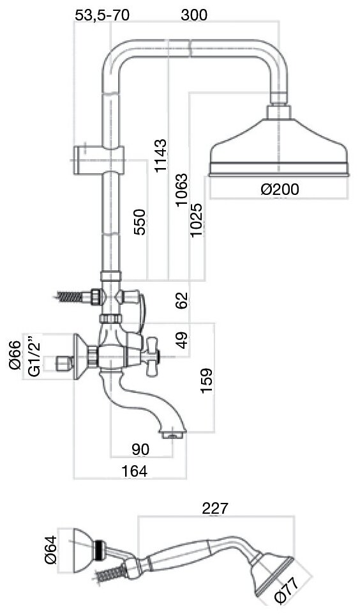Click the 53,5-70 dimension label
101,15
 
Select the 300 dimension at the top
194,15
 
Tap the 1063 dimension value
182,190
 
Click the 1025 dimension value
197,219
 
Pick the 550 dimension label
140,222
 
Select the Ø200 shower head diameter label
280,189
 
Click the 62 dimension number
182,300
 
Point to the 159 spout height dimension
206,380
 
